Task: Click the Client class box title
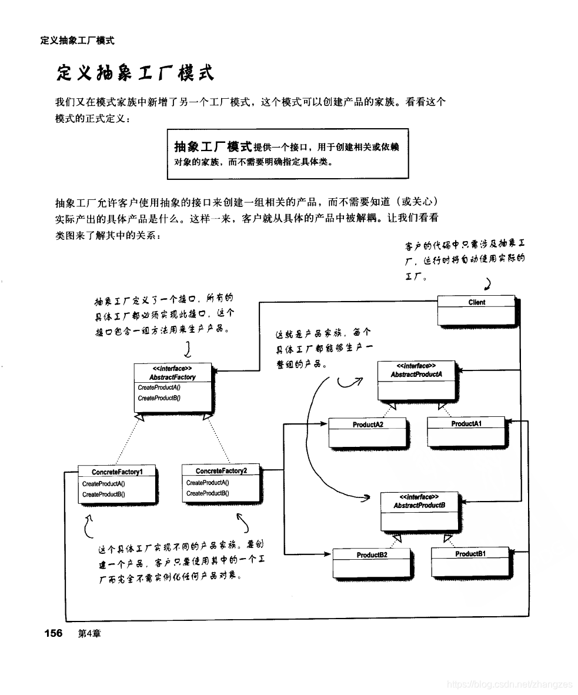[x=477, y=302]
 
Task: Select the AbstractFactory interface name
[x=172, y=377]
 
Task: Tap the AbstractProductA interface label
[x=416, y=374]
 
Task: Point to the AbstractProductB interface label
[x=419, y=505]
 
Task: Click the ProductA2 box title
[x=368, y=424]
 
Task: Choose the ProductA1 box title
[x=466, y=423]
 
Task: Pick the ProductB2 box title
[x=372, y=554]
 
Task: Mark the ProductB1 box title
[x=470, y=554]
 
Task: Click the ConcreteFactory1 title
[x=116, y=472]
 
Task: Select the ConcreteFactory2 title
[x=221, y=471]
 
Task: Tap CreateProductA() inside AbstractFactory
[x=159, y=387]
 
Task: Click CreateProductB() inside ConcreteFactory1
[x=103, y=494]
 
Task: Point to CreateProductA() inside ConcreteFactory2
[x=208, y=483]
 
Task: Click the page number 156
[x=54, y=633]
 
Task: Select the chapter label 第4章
[x=89, y=634]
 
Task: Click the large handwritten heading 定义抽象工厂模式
[x=135, y=73]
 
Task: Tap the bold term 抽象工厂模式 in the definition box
[x=213, y=146]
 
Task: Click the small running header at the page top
[x=77, y=41]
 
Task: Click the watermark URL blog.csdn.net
[x=509, y=684]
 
